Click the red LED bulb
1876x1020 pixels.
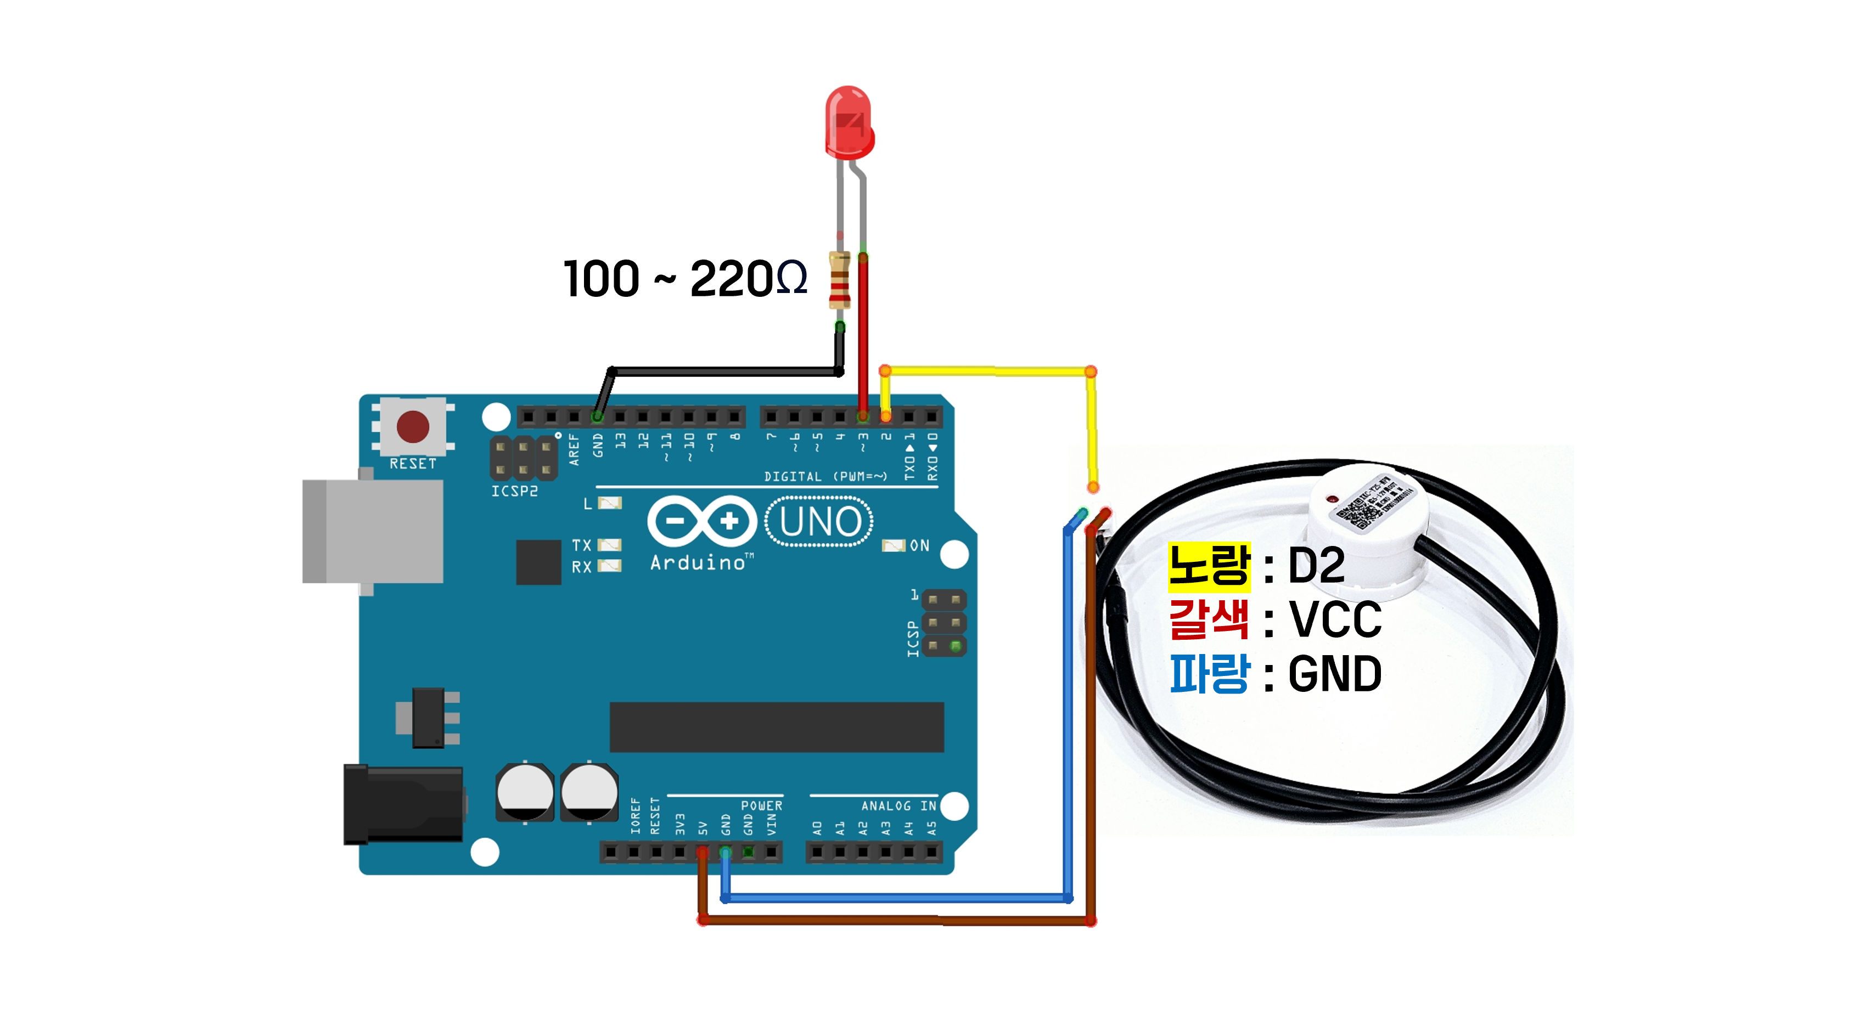(x=849, y=122)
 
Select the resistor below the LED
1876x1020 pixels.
(x=840, y=280)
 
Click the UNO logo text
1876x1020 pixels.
(x=820, y=521)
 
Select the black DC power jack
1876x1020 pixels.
(x=403, y=804)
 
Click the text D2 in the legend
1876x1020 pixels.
(x=1316, y=566)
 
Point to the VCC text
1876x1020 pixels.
(x=1335, y=619)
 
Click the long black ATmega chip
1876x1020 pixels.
(x=776, y=726)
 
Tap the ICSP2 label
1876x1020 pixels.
(x=514, y=492)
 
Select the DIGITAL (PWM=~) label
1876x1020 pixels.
(x=825, y=476)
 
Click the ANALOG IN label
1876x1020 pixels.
(x=898, y=806)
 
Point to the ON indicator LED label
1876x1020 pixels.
(x=919, y=545)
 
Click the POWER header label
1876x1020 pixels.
(x=761, y=806)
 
